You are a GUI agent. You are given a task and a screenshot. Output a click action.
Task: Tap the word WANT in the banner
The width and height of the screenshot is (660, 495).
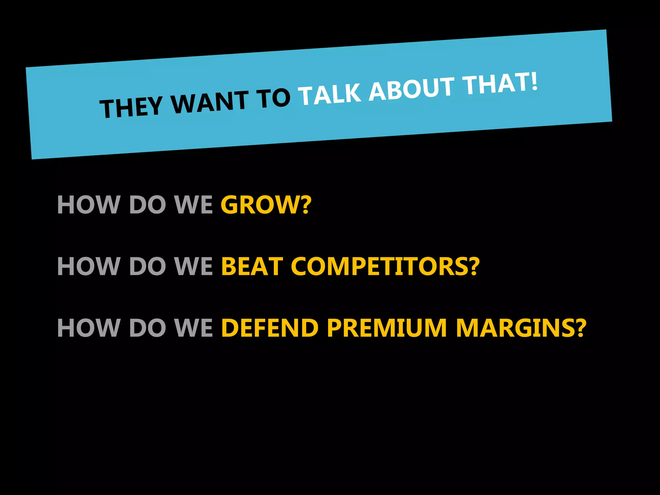pyautogui.click(x=210, y=102)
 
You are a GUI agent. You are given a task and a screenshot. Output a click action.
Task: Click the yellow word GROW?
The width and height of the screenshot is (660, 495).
pyautogui.click(x=266, y=205)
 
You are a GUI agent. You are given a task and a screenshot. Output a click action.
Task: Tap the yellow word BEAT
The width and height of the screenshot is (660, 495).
pyautogui.click(x=252, y=267)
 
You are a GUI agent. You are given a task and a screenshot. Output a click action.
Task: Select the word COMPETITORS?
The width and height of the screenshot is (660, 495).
pyautogui.click(x=385, y=267)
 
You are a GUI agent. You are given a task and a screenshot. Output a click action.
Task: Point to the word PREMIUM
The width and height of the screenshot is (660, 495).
pyautogui.click(x=387, y=328)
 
